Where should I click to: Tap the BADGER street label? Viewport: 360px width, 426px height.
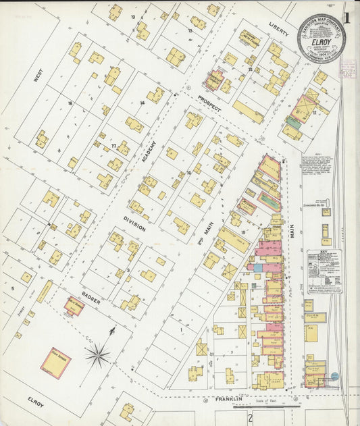click(92, 298)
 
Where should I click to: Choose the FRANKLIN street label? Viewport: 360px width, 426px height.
click(229, 400)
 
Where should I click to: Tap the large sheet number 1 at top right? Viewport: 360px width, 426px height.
click(348, 18)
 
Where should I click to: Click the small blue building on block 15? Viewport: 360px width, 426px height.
click(257, 268)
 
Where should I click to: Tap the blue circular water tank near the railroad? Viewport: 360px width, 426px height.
click(334, 376)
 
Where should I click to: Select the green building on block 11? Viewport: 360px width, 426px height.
click(292, 123)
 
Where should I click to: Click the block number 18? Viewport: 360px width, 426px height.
click(70, 103)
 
